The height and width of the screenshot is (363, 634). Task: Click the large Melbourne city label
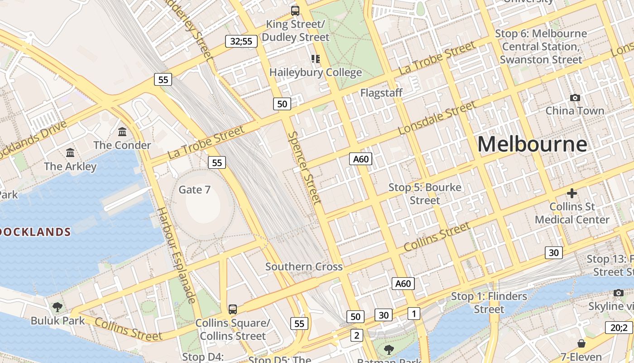pyautogui.click(x=532, y=144)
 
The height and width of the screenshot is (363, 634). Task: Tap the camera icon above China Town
pyautogui.click(x=575, y=98)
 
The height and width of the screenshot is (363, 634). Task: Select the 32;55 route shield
pyautogui.click(x=241, y=41)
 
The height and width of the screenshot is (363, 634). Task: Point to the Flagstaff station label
pyautogui.click(x=381, y=93)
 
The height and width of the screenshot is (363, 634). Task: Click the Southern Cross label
pyautogui.click(x=304, y=266)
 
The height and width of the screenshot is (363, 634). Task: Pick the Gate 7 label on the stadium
pyautogui.click(x=195, y=189)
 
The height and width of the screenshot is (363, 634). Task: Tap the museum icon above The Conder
pyautogui.click(x=122, y=132)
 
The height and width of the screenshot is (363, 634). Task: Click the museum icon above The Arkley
pyautogui.click(x=70, y=153)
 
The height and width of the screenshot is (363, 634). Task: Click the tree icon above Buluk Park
pyautogui.click(x=58, y=307)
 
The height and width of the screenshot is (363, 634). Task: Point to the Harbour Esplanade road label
pyautogui.click(x=176, y=255)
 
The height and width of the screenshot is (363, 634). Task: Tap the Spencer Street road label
pyautogui.click(x=305, y=167)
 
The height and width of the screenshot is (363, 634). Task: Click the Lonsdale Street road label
pyautogui.click(x=437, y=118)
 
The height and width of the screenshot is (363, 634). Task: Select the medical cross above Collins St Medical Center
pyautogui.click(x=572, y=193)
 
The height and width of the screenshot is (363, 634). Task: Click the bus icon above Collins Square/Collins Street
pyautogui.click(x=232, y=309)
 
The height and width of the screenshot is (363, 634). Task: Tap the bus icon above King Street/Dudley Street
pyautogui.click(x=295, y=10)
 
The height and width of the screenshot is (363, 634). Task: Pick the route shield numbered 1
pyautogui.click(x=413, y=313)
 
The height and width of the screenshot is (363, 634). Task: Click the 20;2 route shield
pyautogui.click(x=618, y=328)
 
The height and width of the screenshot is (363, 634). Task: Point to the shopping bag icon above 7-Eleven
pyautogui.click(x=581, y=343)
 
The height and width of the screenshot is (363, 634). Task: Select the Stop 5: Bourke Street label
pyautogui.click(x=425, y=194)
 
